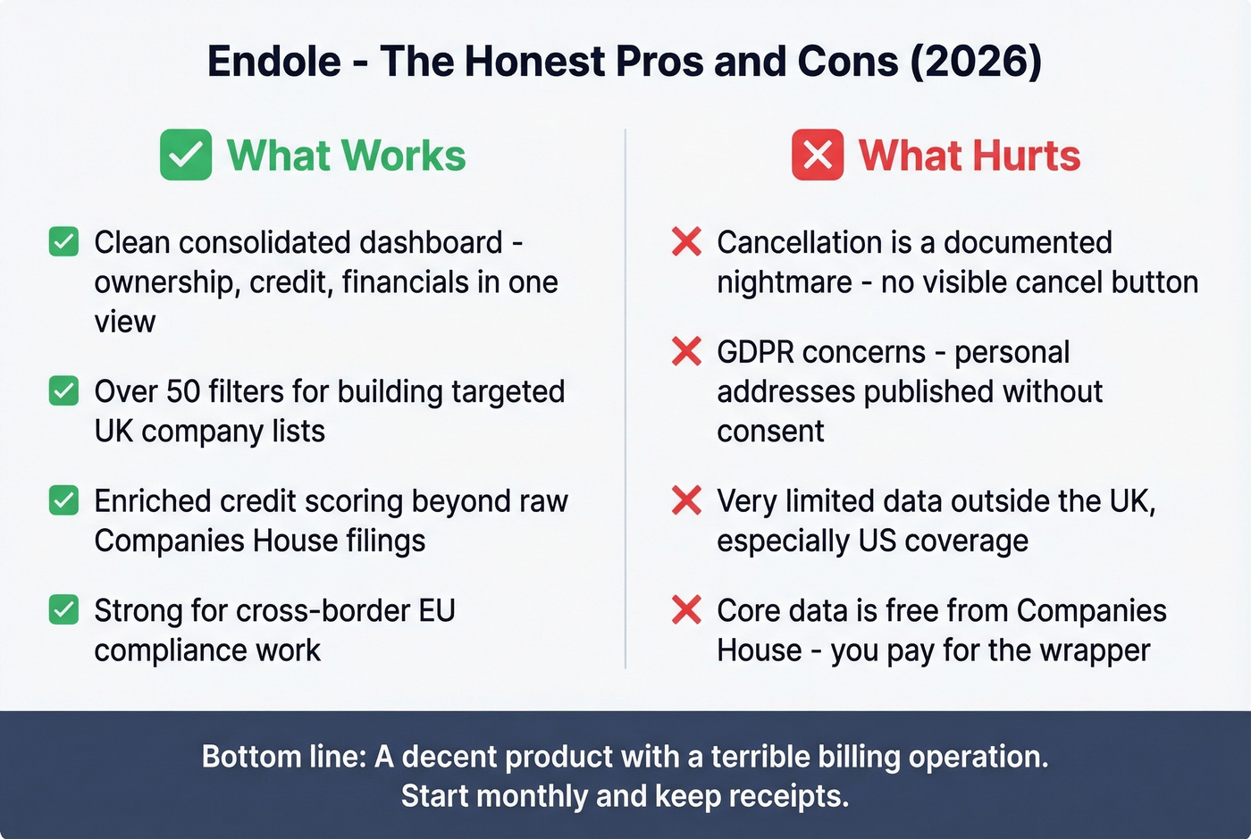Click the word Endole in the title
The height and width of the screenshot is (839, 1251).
pyautogui.click(x=274, y=62)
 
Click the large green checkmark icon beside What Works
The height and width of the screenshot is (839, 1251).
pyautogui.click(x=186, y=155)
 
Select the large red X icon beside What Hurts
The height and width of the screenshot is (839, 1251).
pyautogui.click(x=818, y=155)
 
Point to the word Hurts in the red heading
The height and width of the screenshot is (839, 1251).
pyautogui.click(x=1027, y=155)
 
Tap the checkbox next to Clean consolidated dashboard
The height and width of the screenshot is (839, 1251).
pyautogui.click(x=63, y=242)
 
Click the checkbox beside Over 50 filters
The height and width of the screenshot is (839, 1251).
pyautogui.click(x=63, y=391)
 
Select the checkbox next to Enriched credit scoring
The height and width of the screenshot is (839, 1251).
pyautogui.click(x=63, y=500)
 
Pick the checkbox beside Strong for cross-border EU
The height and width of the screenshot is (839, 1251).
pyautogui.click(x=63, y=610)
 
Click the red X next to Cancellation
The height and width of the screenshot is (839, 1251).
pyautogui.click(x=686, y=241)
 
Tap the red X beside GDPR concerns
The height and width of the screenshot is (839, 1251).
pyautogui.click(x=686, y=351)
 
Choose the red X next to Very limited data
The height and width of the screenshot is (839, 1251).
pyautogui.click(x=686, y=500)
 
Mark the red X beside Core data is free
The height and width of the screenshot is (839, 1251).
pyautogui.click(x=686, y=610)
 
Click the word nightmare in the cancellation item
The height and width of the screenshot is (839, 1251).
pyautogui.click(x=785, y=282)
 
